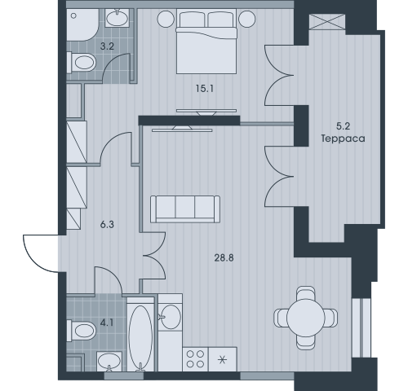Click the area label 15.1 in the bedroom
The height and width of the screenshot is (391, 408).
coord(205,89)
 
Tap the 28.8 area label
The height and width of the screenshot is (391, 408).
coord(224,257)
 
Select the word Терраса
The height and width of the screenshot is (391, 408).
coord(343,138)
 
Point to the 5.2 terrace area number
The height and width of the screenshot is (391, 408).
coord(343,126)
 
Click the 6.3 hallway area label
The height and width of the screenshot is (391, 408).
coord(107,225)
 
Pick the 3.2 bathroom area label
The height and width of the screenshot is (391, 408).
coord(107,46)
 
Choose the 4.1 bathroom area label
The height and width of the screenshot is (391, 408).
coord(107,323)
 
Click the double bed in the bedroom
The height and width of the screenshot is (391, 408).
coord(206,41)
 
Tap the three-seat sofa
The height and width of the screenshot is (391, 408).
coord(185,209)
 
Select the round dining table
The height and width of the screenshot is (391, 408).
coord(306,318)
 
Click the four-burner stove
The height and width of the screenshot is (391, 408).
coord(195,359)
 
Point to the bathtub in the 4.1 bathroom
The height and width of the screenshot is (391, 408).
coord(140,334)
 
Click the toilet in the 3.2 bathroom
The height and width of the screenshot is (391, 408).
coord(82,63)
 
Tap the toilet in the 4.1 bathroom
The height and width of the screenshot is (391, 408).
coord(82,331)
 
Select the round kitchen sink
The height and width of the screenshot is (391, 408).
coord(171,317)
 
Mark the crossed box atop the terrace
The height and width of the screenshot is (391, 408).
coord(327,22)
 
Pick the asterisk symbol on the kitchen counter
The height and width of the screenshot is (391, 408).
coord(222,360)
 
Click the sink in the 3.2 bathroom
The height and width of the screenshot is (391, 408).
coord(117,18)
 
